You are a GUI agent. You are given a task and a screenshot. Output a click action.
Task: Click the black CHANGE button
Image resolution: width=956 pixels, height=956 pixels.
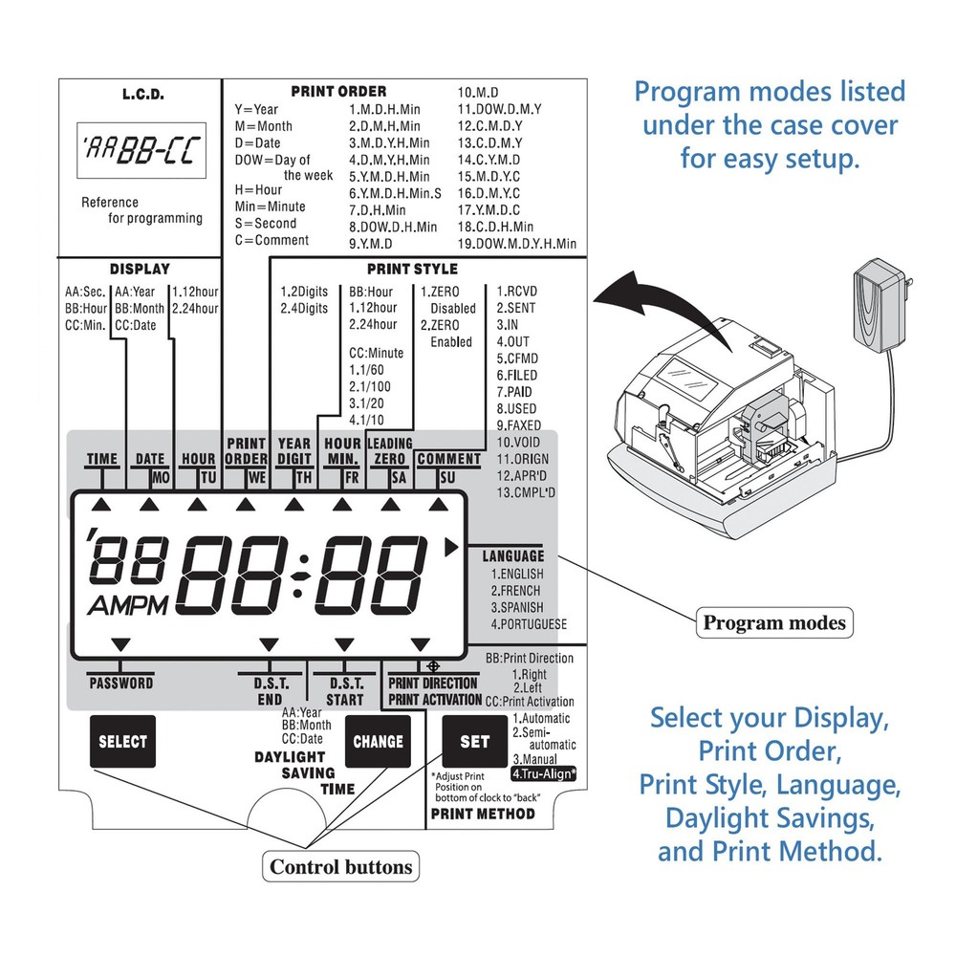pyautogui.click(x=379, y=741)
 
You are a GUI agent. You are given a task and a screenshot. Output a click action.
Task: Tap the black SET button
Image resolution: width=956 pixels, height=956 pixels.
pyautogui.click(x=474, y=741)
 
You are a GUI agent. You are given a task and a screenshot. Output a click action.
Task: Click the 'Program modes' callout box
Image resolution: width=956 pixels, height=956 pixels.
pyautogui.click(x=774, y=623)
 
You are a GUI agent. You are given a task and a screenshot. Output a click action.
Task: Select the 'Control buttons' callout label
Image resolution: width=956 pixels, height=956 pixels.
pyautogui.click(x=340, y=867)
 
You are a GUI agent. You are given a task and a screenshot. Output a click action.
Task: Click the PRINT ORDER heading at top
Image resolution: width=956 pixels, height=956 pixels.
pyautogui.click(x=338, y=92)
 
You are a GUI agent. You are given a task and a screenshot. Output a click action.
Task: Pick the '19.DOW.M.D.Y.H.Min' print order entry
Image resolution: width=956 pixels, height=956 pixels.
pyautogui.click(x=517, y=244)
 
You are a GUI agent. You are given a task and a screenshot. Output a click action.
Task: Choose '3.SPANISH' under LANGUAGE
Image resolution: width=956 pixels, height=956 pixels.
pyautogui.click(x=517, y=607)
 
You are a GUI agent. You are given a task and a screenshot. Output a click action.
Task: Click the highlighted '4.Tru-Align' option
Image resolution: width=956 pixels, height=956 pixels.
pyautogui.click(x=544, y=772)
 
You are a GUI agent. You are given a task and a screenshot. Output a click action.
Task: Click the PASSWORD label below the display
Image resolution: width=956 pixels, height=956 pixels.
pyautogui.click(x=120, y=684)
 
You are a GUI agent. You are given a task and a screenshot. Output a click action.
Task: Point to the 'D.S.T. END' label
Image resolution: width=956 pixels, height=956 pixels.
pyautogui.click(x=269, y=691)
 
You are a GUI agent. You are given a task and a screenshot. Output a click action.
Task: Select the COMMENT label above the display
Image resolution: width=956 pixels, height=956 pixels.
pyautogui.click(x=448, y=459)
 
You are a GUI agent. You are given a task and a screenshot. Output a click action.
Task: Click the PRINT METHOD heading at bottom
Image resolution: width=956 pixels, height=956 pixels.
pyautogui.click(x=483, y=815)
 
